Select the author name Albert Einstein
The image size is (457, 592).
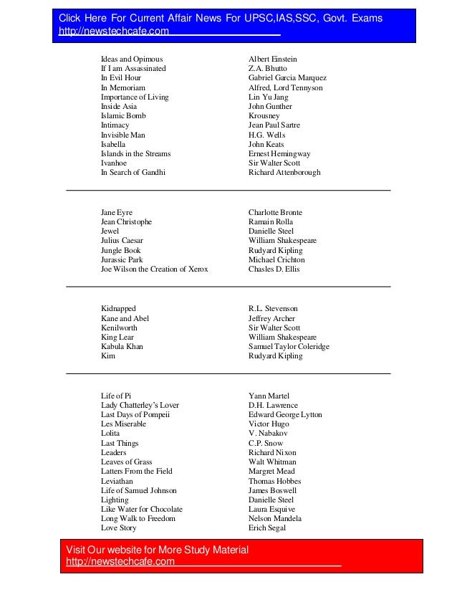(x=272, y=59)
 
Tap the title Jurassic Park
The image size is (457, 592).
(x=122, y=260)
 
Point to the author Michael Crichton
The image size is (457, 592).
(x=276, y=260)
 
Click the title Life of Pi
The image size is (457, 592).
(x=116, y=396)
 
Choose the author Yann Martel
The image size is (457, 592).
(x=268, y=396)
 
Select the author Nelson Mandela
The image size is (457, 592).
(x=276, y=518)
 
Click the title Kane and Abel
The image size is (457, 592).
(x=125, y=318)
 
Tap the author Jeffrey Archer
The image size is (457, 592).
(x=271, y=318)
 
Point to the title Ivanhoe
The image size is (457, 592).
(x=113, y=163)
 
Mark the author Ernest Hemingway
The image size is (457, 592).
(x=279, y=153)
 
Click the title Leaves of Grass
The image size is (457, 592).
(x=126, y=462)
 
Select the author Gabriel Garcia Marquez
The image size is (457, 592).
(x=287, y=77)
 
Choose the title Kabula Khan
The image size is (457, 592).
(x=122, y=347)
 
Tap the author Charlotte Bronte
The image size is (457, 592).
(x=275, y=213)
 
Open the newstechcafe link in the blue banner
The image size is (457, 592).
(x=114, y=32)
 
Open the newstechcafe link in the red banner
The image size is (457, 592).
(x=120, y=561)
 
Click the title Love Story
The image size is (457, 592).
(x=118, y=528)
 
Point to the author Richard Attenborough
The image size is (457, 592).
(x=284, y=172)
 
